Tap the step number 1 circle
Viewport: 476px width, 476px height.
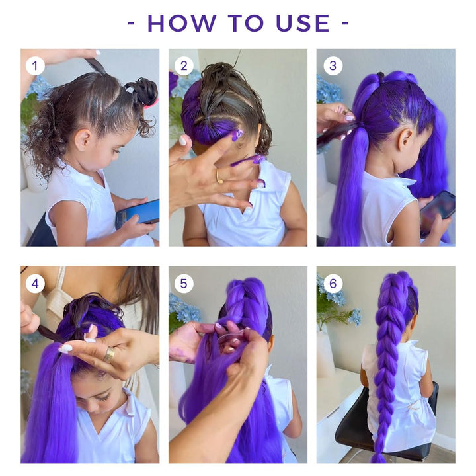(35, 65)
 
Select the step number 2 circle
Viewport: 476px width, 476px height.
(183, 65)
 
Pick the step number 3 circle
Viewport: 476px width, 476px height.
(333, 65)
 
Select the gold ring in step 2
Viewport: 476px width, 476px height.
(219, 177)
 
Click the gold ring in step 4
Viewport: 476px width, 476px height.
(109, 354)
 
